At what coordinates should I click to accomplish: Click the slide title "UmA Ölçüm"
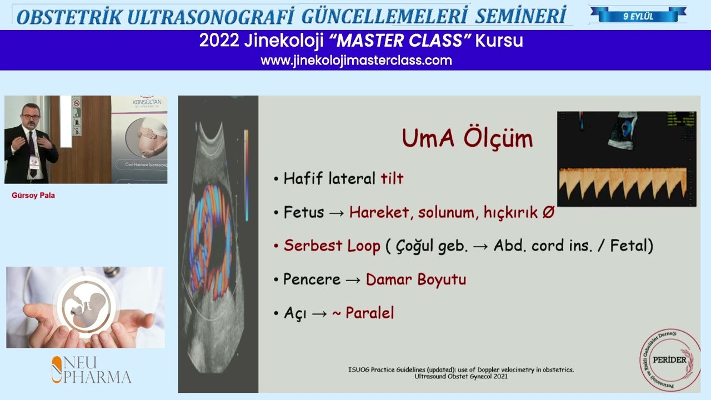467,138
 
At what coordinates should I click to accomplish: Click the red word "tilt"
392,178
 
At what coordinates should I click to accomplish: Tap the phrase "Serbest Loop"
332,246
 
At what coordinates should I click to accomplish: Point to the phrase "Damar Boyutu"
415,279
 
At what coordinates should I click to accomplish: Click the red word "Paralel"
369,313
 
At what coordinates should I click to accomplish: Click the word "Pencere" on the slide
312,279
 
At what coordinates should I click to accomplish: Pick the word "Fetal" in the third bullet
631,246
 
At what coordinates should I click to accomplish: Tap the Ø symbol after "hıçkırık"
548,213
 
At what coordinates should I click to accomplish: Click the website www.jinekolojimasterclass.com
356,61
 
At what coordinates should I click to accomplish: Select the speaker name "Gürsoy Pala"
33,196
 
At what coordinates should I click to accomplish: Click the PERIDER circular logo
670,359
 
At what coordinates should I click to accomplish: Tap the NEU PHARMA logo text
92,370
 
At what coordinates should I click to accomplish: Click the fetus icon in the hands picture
87,305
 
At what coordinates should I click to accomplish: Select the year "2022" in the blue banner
218,41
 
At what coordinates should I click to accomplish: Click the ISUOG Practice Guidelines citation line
460,369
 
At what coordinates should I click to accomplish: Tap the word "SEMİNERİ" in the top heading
520,17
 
